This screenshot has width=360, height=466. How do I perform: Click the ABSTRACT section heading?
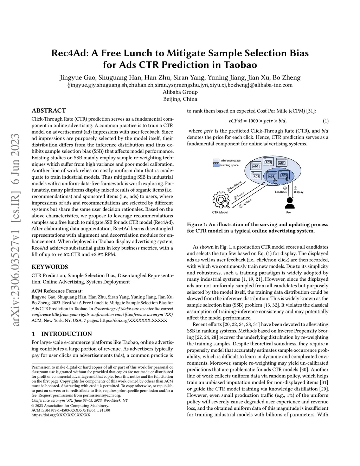(49, 110)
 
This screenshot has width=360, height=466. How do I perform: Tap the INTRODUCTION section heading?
(66, 334)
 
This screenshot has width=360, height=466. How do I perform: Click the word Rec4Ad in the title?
(70, 53)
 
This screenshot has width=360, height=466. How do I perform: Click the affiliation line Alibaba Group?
(180, 92)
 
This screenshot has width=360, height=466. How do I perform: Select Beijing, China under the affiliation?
(180, 99)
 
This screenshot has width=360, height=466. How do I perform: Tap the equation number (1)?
(326, 121)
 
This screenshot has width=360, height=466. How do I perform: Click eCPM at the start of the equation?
(235, 121)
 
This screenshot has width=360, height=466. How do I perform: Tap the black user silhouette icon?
(289, 203)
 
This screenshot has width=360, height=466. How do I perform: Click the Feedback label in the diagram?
(281, 192)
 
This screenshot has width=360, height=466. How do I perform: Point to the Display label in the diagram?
(298, 192)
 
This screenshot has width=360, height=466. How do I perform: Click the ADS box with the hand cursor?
(272, 177)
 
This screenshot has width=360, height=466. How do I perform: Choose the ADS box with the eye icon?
(284, 176)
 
